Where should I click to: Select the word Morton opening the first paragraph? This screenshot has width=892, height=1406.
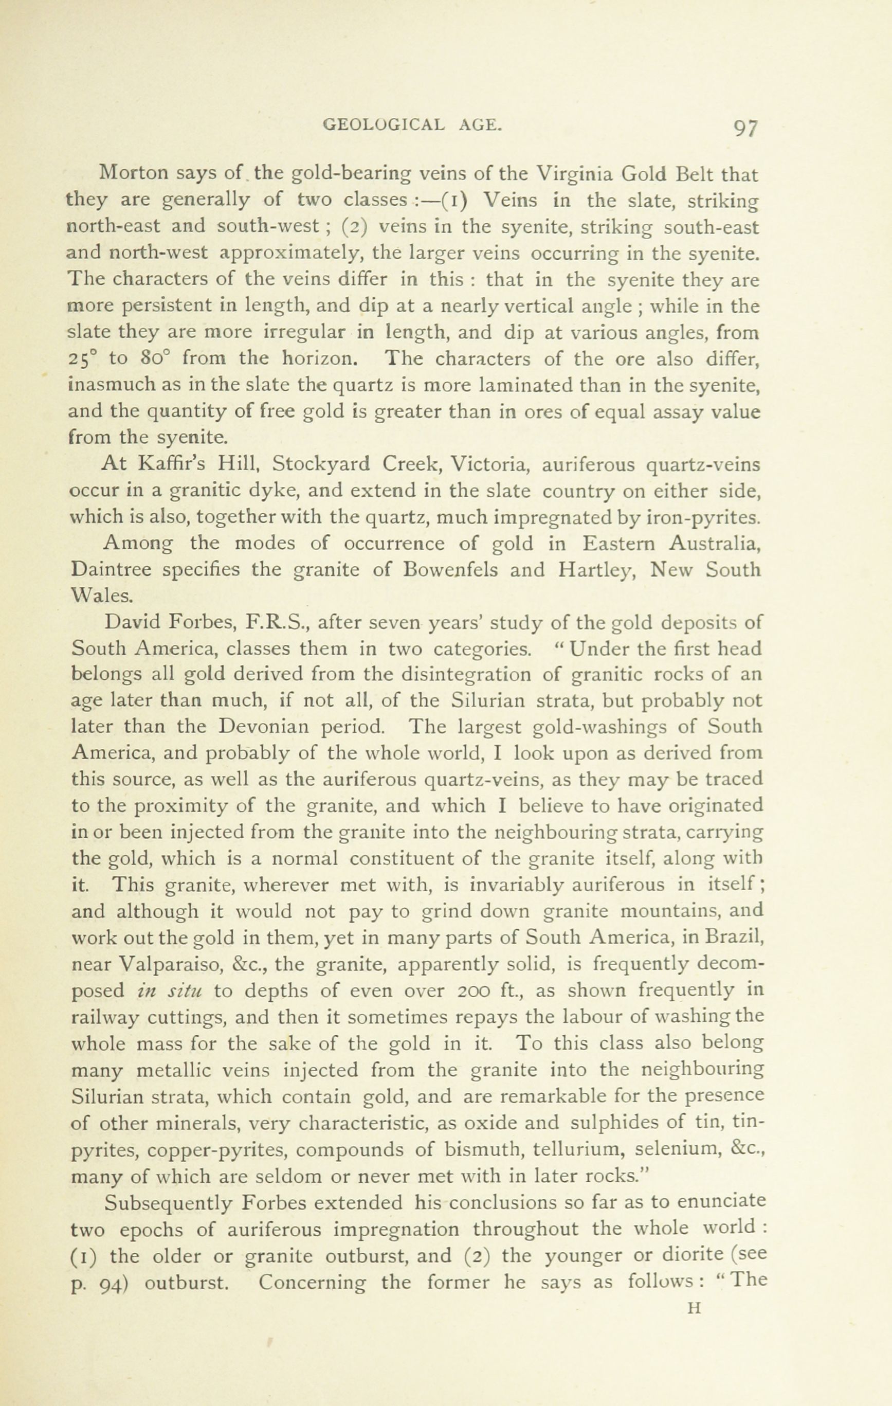pos(134,173)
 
